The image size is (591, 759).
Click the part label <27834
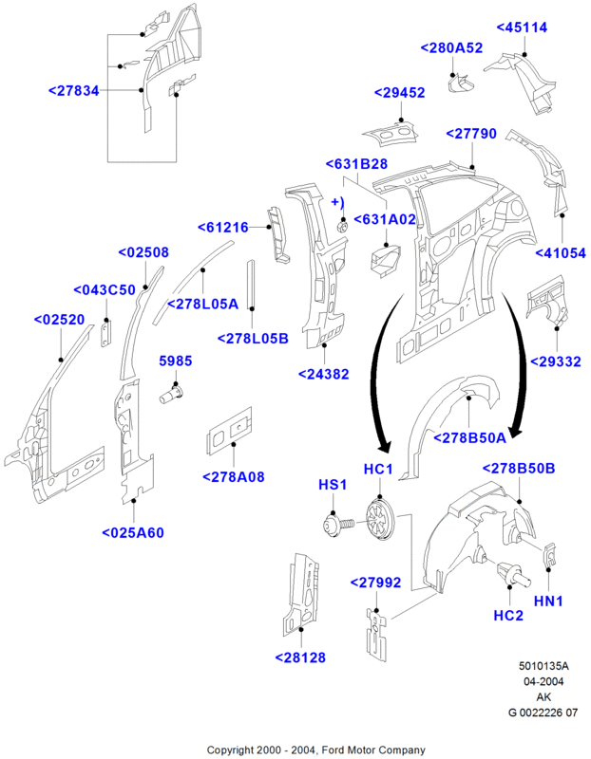pyautogui.click(x=74, y=90)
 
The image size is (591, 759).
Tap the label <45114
pyautogui.click(x=523, y=28)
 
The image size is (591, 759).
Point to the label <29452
pyautogui.click(x=399, y=92)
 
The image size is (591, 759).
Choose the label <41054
pyautogui.click(x=560, y=252)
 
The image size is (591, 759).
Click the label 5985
pyautogui.click(x=174, y=361)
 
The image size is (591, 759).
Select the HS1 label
pyautogui.click(x=330, y=485)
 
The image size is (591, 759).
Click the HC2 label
pyautogui.click(x=508, y=616)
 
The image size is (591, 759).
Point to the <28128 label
pyautogui.click(x=301, y=657)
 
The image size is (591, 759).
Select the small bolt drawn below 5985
pyautogui.click(x=172, y=393)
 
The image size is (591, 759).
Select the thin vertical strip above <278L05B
pyautogui.click(x=252, y=283)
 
